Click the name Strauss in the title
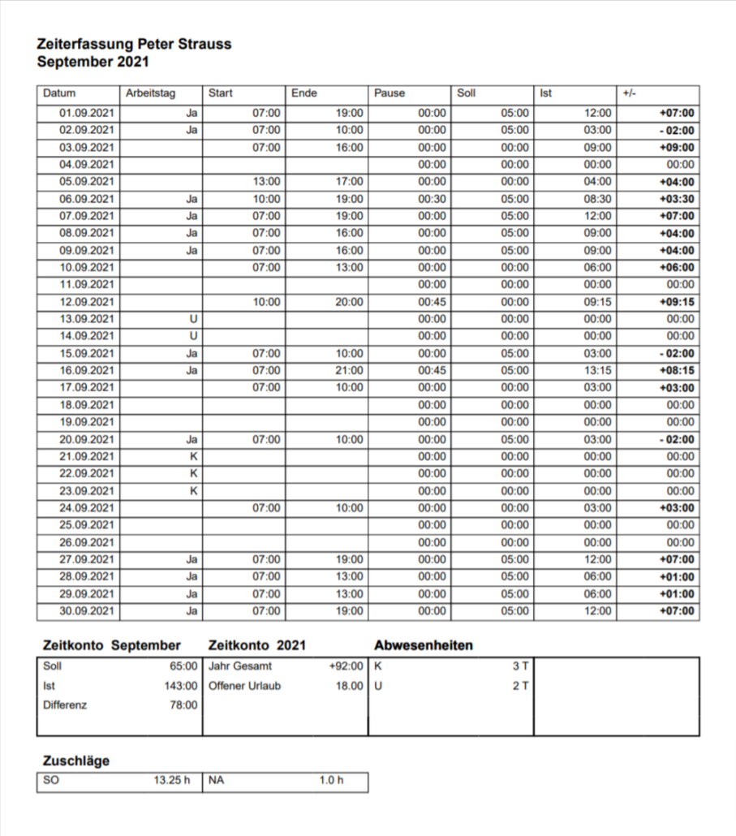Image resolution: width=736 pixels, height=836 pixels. pos(204,45)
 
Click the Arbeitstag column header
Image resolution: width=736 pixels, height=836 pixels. pos(150,93)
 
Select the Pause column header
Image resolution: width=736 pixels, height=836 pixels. pos(390,93)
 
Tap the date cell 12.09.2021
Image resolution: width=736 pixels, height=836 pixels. pos(87,302)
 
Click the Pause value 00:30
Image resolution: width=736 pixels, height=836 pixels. pos(433,199)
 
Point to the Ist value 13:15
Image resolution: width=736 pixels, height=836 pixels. pos(597,371)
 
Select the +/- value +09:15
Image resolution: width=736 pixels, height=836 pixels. pos(676,302)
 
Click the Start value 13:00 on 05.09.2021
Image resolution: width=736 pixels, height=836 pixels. pos(267,182)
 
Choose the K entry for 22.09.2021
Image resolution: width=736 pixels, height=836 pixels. pos(193,474)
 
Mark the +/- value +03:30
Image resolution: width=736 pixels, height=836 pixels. pos(676,199)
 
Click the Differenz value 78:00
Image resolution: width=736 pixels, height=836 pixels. pos(182,705)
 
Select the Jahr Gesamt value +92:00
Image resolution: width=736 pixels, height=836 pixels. pos(346,666)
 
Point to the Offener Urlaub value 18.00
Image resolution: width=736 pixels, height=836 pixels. pos(349,686)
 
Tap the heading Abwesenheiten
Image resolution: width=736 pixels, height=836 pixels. pos(424,645)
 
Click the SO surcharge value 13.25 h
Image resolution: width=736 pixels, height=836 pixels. pos(171,781)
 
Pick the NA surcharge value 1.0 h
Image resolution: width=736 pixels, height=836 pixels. pos(331,781)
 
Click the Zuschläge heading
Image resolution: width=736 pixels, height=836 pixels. pos(75,761)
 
